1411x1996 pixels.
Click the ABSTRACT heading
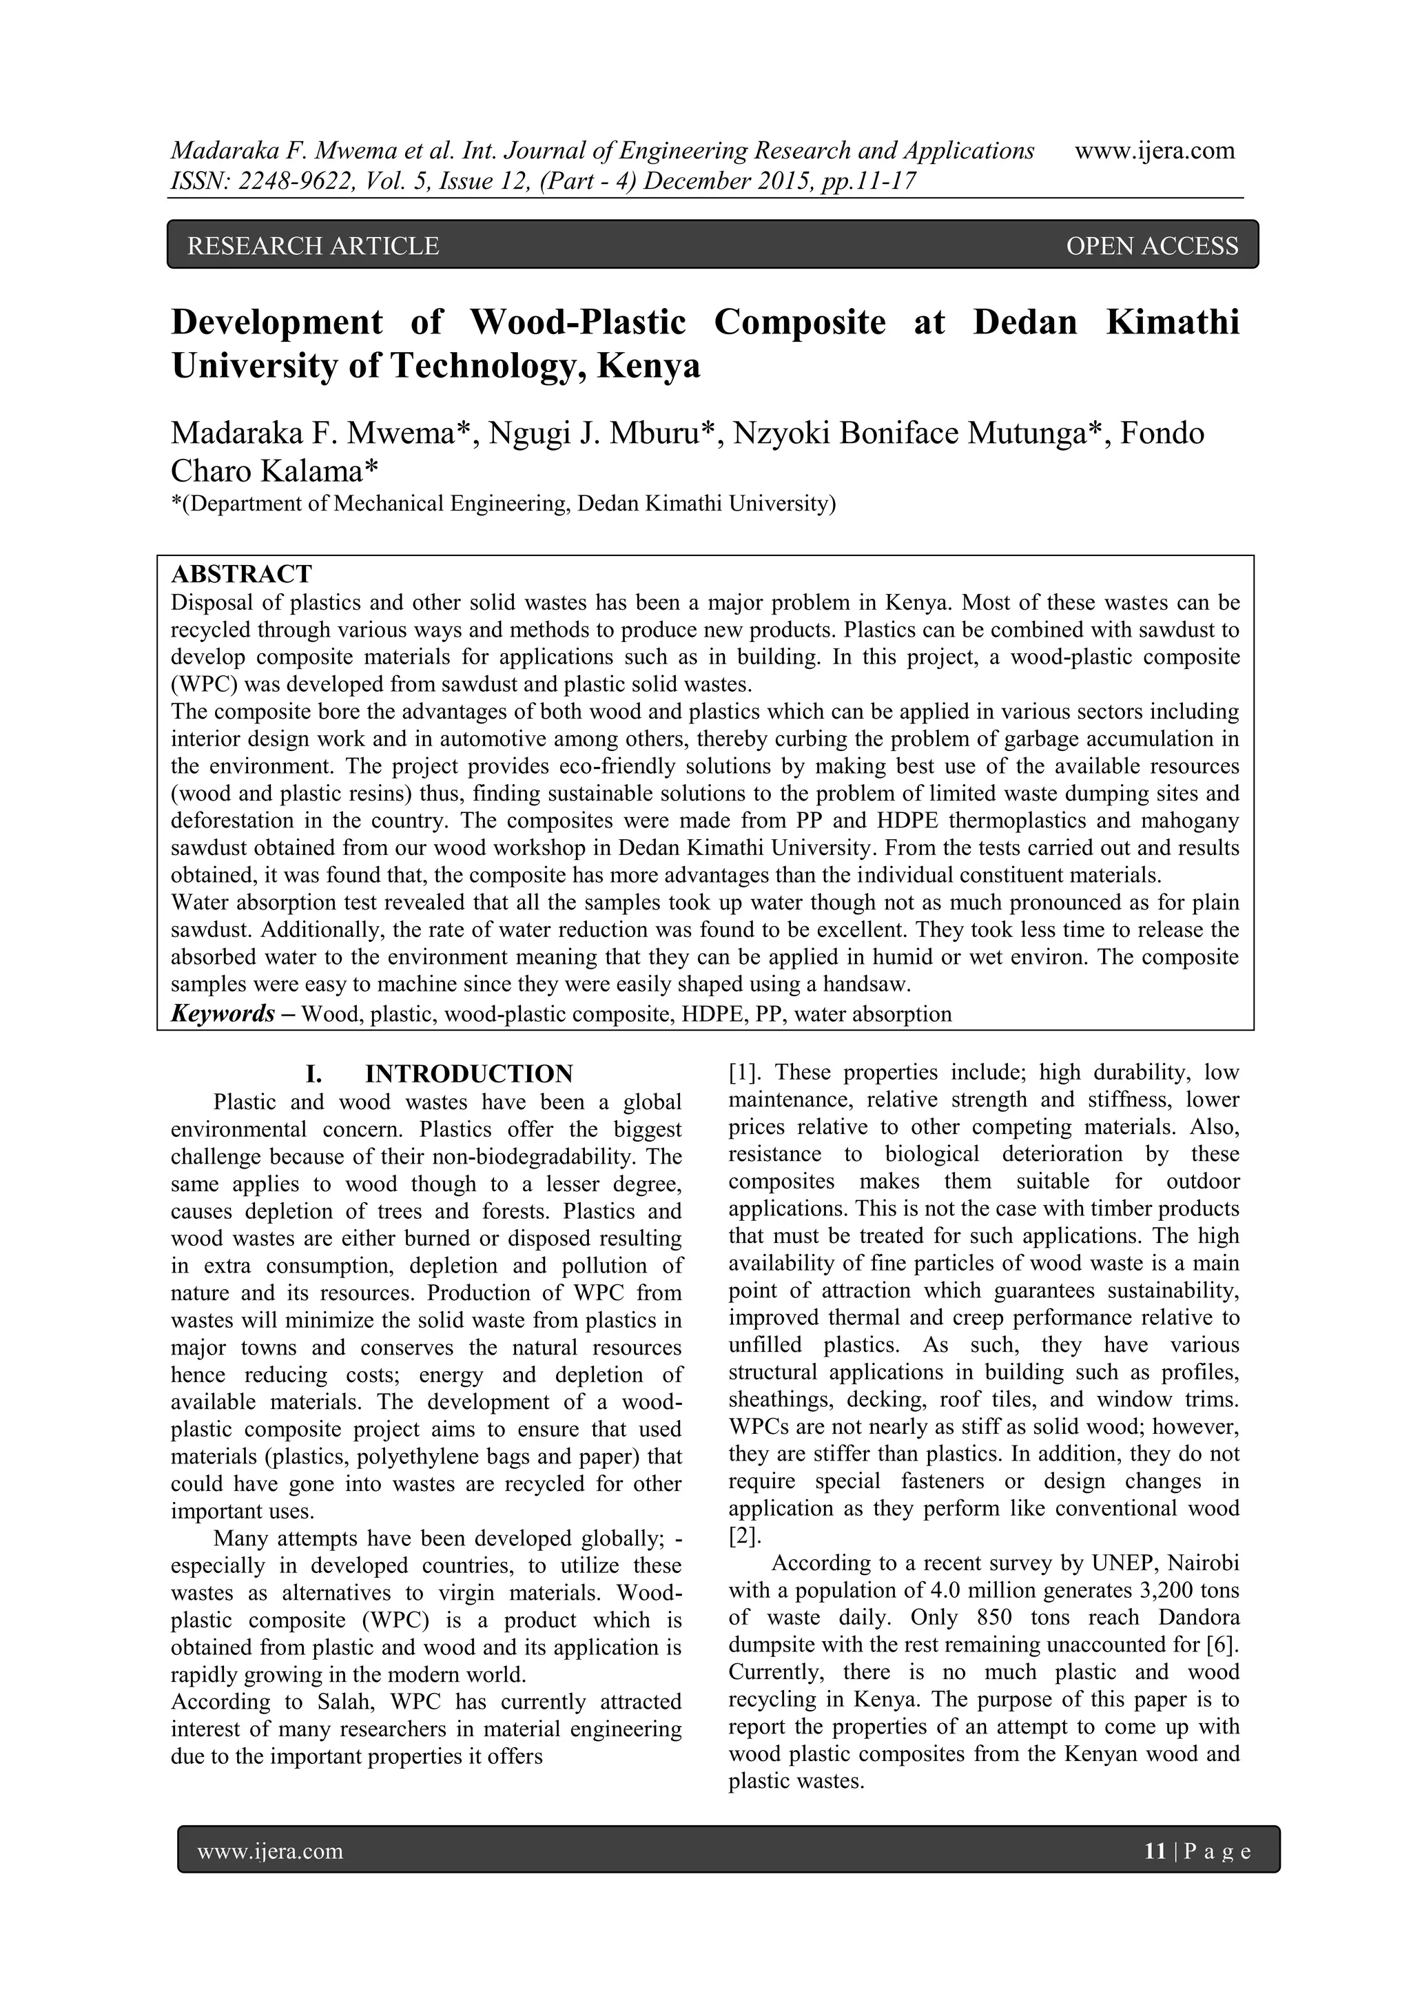click(241, 574)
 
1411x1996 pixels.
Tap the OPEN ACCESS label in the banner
click(1151, 246)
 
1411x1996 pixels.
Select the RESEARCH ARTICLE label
click(313, 246)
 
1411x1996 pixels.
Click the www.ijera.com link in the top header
click(1155, 150)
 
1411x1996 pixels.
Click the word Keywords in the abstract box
click(223, 1014)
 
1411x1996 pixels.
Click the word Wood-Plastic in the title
click(577, 322)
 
